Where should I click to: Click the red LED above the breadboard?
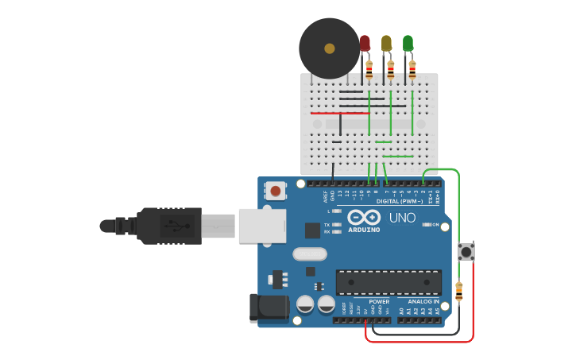click(x=365, y=44)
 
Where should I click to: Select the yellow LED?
click(x=386, y=44)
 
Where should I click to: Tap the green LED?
click(x=408, y=44)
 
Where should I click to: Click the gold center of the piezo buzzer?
click(x=330, y=48)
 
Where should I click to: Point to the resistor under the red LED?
click(x=369, y=69)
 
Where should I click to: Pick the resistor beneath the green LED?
click(x=412, y=69)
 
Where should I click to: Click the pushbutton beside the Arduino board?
click(x=466, y=252)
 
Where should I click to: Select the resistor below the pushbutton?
click(x=458, y=291)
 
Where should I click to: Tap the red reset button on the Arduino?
click(x=276, y=191)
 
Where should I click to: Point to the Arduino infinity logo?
click(x=363, y=217)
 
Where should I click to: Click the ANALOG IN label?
click(x=423, y=302)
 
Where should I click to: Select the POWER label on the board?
click(x=379, y=302)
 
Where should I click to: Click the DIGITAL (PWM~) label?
click(x=399, y=202)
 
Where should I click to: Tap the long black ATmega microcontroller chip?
click(x=389, y=282)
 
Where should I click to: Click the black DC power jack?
click(x=267, y=309)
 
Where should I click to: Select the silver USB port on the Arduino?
click(x=261, y=226)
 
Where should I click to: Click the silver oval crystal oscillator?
click(x=309, y=254)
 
